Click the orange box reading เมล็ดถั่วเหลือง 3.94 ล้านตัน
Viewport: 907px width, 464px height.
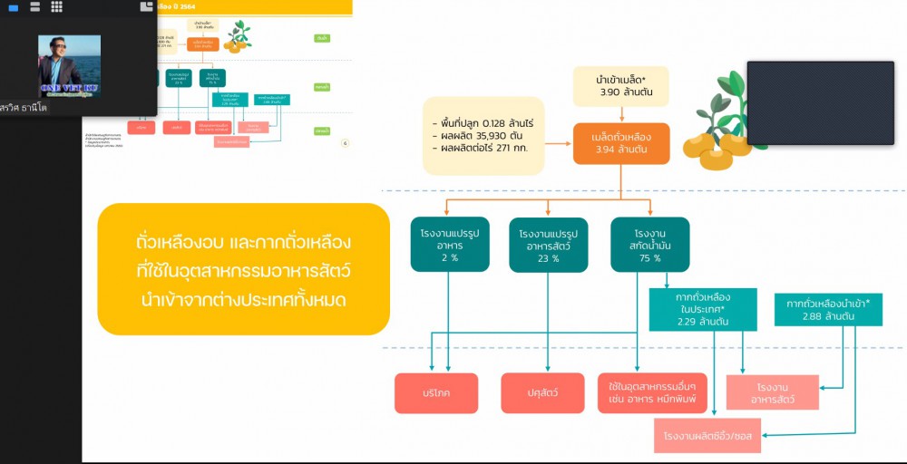pos(621,143)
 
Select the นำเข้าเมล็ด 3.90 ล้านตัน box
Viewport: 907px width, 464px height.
pos(621,86)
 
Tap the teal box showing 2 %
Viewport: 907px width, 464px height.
pos(450,245)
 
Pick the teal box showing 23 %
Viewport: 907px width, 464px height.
pos(549,245)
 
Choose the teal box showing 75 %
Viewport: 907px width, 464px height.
pos(649,245)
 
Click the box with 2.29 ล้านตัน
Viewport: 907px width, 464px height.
pos(703,309)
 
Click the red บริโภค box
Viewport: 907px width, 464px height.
pos(434,392)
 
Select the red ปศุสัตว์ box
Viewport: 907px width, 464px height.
pos(542,392)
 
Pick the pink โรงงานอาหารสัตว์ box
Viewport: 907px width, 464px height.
pos(772,392)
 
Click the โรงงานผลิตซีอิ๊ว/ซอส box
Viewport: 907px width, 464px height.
pos(707,436)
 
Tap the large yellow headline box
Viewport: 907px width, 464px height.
pos(243,269)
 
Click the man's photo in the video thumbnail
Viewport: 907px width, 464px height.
pos(69,65)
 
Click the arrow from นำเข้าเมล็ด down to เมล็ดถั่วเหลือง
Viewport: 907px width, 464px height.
pos(621,114)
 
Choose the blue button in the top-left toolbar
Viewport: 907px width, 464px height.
pos(13,7)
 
